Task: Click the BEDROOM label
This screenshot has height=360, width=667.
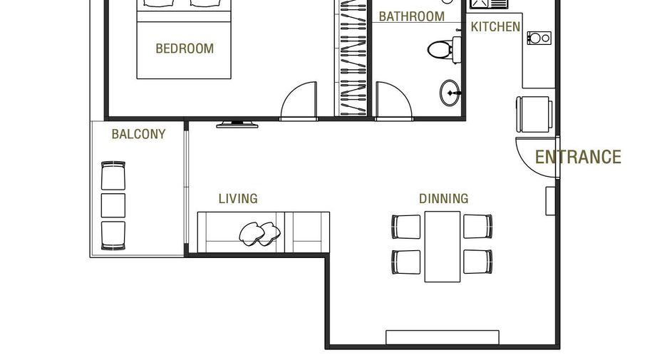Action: [x=185, y=48]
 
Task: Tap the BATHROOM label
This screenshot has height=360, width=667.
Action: [x=411, y=16]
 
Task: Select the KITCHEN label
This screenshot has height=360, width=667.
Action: [x=495, y=27]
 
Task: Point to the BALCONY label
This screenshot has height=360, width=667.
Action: [x=138, y=134]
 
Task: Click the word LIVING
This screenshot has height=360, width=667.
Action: [x=238, y=198]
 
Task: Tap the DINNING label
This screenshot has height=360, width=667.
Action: [x=444, y=198]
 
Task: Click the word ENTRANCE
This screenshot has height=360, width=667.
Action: [x=578, y=157]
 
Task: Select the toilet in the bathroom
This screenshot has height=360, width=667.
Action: [x=444, y=49]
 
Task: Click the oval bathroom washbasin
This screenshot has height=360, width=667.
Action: [x=450, y=93]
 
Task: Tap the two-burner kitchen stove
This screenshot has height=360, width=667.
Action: [x=539, y=38]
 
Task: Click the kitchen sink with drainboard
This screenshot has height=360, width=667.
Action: [x=489, y=4]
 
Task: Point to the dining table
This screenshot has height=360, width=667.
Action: [x=443, y=247]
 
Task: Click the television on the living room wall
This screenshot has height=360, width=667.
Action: [x=237, y=125]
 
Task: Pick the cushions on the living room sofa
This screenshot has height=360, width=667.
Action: [x=259, y=234]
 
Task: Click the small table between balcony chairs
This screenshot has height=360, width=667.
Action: [x=113, y=205]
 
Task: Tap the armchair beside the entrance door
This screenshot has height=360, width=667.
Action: [x=534, y=114]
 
